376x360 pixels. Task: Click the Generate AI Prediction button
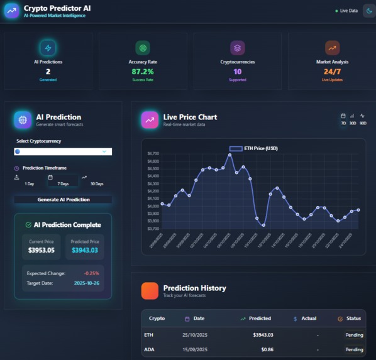[63, 200]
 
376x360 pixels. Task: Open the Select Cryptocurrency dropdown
[63, 151]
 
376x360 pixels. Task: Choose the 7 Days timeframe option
[63, 180]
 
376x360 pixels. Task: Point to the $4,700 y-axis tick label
[153, 153]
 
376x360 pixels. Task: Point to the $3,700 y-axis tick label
[153, 229]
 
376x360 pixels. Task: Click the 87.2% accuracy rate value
[143, 72]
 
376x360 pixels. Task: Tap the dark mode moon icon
[369, 11]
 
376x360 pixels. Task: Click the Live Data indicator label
[348, 11]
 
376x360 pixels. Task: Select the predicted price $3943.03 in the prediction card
[85, 250]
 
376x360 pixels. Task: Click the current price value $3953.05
[41, 250]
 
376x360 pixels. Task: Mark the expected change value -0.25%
[91, 273]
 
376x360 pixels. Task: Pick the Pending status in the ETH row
[354, 335]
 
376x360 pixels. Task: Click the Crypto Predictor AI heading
[57, 8]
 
